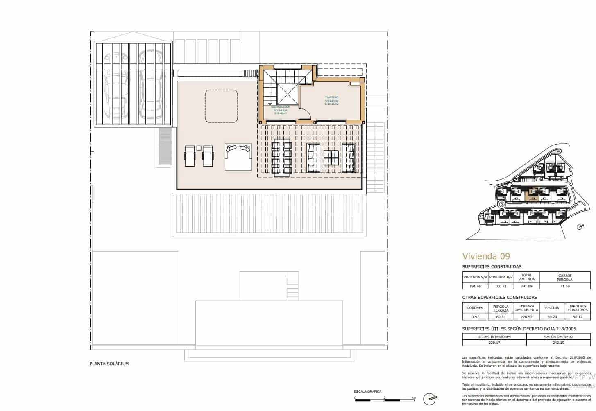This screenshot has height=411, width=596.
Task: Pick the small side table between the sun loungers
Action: (199, 148)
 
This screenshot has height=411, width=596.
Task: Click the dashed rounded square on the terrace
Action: (221, 106)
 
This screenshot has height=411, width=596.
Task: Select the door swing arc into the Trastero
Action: (304, 111)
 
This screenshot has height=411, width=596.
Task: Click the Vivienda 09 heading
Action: (486, 256)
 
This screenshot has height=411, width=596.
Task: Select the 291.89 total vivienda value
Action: (526, 286)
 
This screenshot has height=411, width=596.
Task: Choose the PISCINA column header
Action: (552, 308)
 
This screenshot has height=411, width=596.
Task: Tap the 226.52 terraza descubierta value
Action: (526, 317)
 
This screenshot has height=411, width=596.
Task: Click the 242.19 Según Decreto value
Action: (558, 343)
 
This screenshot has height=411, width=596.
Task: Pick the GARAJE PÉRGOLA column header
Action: (564, 277)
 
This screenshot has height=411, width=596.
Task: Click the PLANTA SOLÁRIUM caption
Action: (109, 364)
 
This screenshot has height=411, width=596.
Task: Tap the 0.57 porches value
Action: (475, 317)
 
